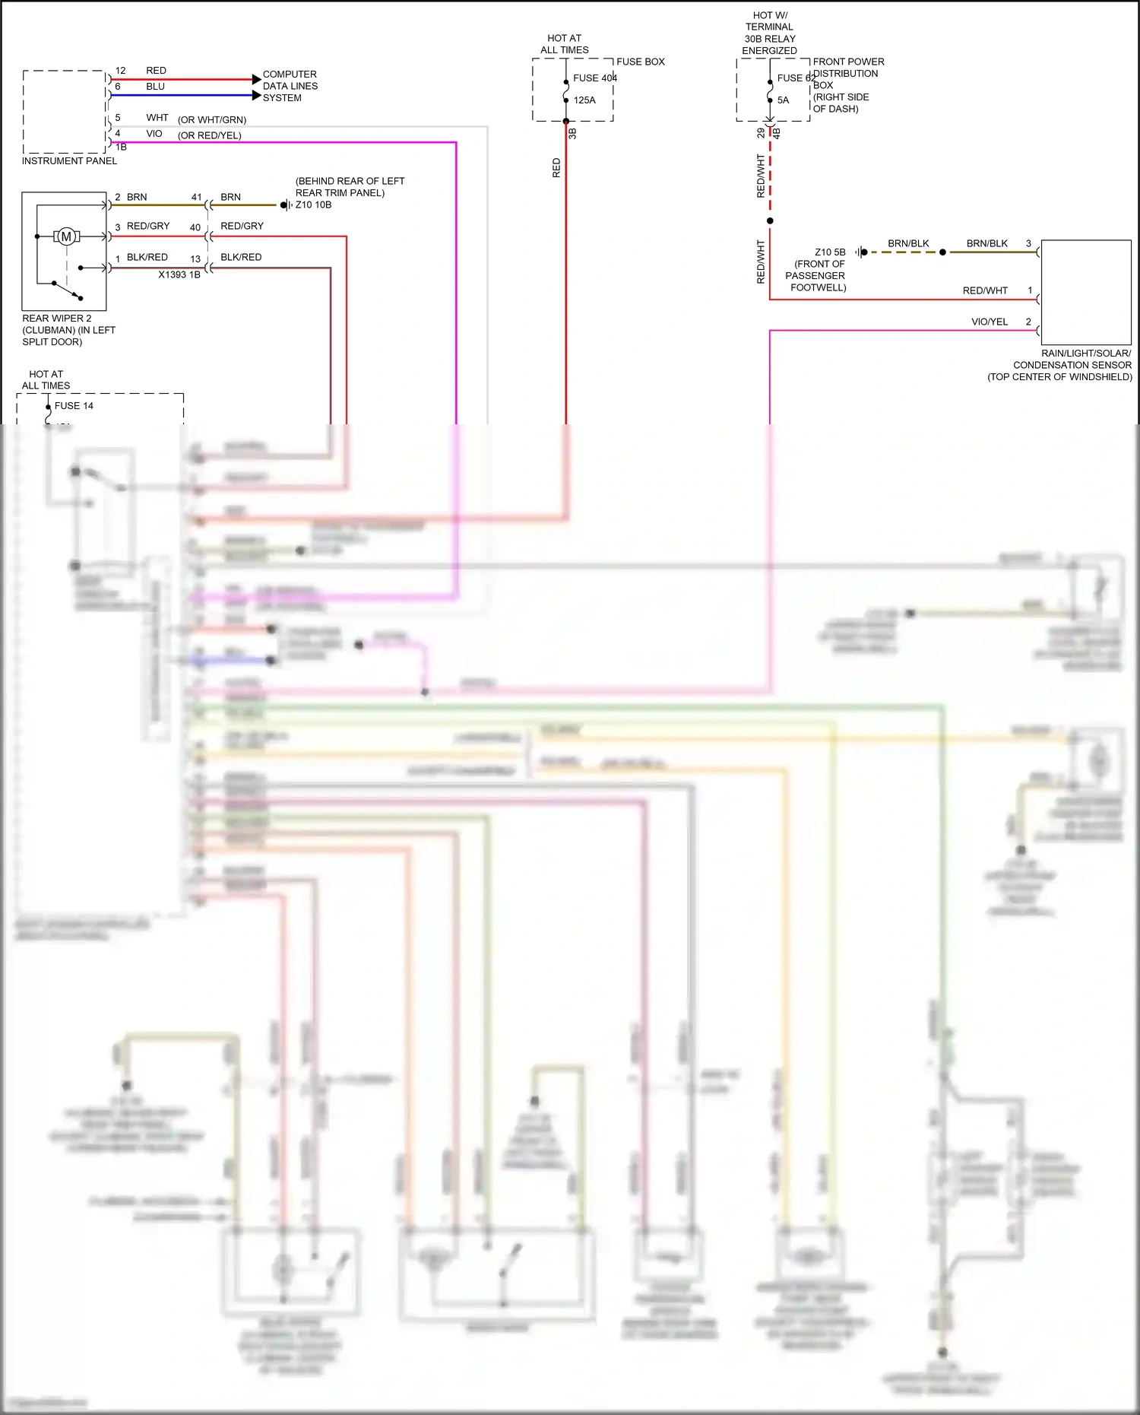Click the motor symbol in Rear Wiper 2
coord(66,236)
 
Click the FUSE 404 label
coord(594,78)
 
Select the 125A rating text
coord(584,100)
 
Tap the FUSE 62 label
coord(795,78)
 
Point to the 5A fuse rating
coord(783,100)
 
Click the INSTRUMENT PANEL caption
coord(69,160)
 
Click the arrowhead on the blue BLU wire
coord(256,95)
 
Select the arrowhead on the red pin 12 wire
coord(256,79)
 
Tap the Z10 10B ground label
coord(313,205)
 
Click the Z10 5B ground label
coord(830,252)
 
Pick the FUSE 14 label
coord(74,405)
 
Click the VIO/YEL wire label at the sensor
coord(990,322)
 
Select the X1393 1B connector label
coord(179,274)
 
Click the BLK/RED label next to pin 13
coord(241,257)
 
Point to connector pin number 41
coord(196,197)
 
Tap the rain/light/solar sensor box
coord(1085,292)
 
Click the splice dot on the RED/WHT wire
coord(770,220)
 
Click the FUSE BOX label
coord(640,62)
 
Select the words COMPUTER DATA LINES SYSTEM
coord(290,86)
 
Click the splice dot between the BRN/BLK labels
coord(942,252)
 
